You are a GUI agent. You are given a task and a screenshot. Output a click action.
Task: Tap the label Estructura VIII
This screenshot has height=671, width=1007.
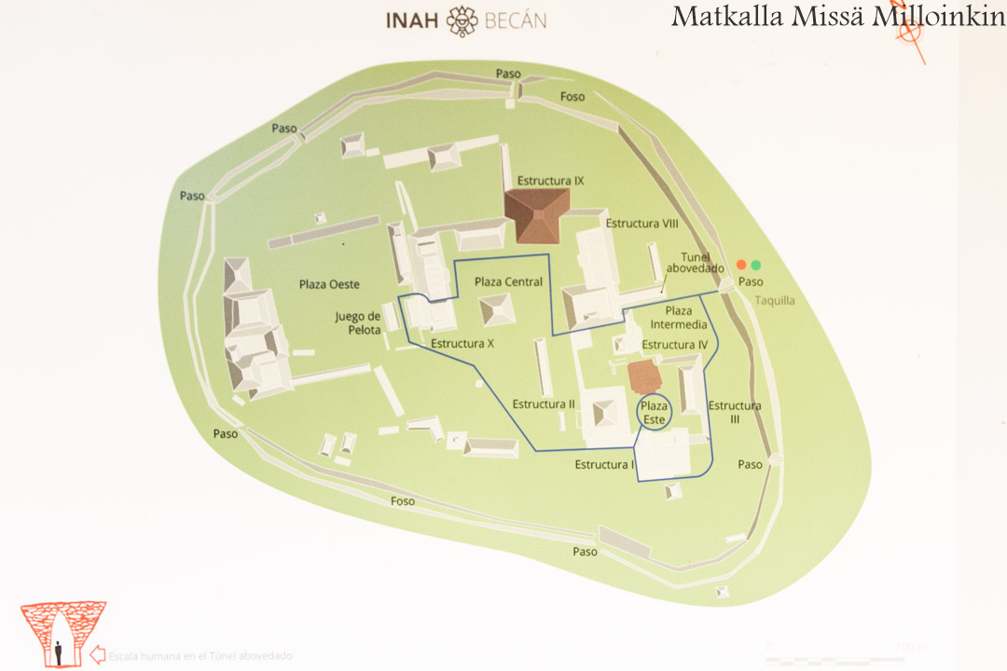point(641,224)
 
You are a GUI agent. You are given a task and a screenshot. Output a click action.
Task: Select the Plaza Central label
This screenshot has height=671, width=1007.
point(508,281)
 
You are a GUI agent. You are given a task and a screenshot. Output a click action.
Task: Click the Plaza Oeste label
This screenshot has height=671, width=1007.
point(329,284)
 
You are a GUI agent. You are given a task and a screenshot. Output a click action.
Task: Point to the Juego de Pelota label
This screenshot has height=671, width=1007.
point(358,322)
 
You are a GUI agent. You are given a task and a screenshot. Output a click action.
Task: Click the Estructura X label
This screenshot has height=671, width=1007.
point(462,343)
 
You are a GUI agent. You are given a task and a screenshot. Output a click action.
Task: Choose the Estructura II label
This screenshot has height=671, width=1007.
point(544,404)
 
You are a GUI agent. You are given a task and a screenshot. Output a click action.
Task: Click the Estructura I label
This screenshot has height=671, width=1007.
point(604,464)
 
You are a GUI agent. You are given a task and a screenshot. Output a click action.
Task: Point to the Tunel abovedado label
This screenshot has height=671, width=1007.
point(695,262)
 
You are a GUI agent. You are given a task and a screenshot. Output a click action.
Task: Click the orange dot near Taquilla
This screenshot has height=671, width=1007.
point(741,265)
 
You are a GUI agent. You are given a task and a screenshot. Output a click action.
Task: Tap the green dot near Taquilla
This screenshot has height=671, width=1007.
point(756,265)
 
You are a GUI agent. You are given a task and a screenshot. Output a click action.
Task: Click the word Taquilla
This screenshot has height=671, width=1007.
point(775,301)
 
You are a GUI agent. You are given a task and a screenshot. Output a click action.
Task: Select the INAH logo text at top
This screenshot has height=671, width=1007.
point(413,20)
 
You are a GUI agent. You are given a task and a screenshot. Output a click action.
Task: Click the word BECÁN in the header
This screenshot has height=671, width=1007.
point(515,20)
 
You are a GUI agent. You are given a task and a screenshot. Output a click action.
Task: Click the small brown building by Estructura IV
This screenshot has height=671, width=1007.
point(644,377)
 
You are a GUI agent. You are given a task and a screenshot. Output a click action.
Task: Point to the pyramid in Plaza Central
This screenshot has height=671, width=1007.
point(496,309)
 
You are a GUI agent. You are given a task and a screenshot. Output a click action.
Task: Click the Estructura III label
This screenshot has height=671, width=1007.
point(735,412)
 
